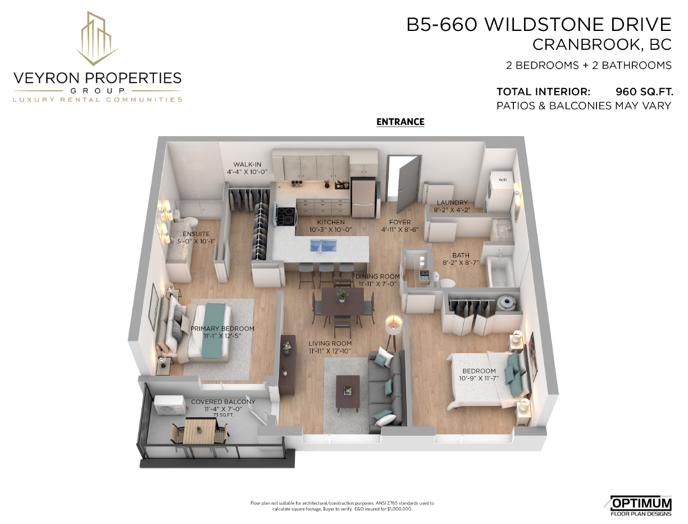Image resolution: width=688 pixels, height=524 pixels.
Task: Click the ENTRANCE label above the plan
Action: (400, 122)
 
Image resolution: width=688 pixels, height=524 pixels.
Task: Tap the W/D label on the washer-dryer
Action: (502, 180)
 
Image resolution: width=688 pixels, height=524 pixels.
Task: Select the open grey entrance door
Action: (408, 184)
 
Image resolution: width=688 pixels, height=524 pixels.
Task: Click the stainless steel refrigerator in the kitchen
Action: (363, 197)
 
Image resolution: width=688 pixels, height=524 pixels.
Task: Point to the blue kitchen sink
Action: (323, 245)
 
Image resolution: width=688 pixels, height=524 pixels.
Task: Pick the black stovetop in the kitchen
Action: (286, 216)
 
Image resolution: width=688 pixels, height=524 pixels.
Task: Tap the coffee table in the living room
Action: (348, 393)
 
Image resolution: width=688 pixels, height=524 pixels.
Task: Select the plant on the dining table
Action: (341, 295)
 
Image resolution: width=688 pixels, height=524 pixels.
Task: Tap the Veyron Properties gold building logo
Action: (97, 38)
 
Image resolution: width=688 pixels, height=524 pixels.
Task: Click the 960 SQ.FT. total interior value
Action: (644, 92)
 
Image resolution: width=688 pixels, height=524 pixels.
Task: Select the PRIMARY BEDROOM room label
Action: (222, 328)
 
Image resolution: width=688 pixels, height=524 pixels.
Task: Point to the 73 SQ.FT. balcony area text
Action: (223, 415)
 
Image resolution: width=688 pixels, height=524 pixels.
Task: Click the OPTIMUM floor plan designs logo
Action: (639, 505)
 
